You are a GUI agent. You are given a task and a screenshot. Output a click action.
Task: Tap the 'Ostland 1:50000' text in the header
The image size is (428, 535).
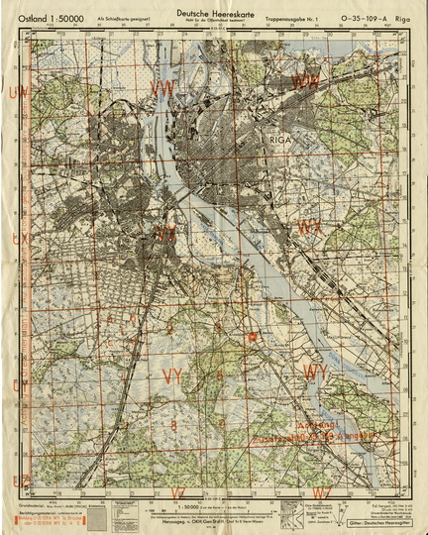point(51,17)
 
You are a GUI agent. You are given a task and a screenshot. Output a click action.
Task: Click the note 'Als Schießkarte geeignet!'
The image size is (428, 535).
point(118,18)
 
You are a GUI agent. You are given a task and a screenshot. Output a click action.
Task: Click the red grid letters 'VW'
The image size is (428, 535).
point(161,89)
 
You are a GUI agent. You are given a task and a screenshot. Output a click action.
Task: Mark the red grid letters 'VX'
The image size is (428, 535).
point(166,234)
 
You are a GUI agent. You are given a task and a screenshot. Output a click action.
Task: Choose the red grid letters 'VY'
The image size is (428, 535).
point(172,375)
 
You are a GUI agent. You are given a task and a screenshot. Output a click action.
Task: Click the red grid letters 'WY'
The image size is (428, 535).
point(316,372)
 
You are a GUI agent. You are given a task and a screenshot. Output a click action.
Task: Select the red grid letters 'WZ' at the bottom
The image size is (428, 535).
point(321,491)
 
